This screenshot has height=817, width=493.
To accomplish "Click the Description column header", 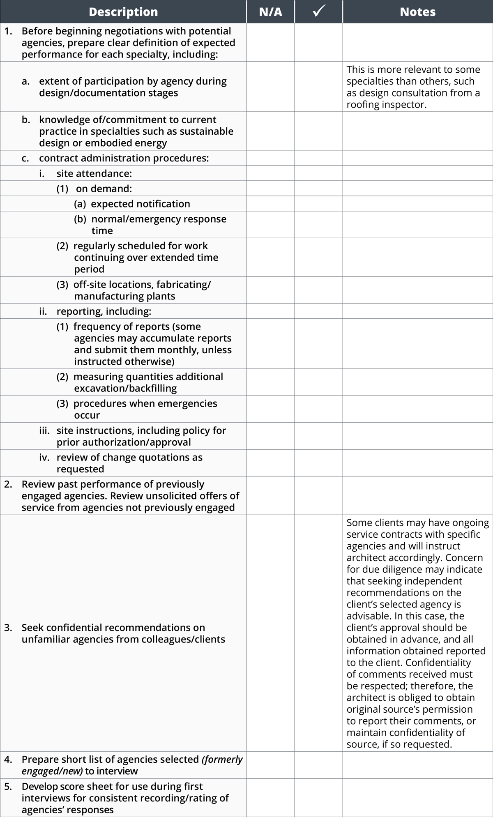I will click(123, 12).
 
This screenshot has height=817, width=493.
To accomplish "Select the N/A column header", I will click(270, 12).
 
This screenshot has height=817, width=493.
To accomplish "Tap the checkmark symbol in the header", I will click(319, 12).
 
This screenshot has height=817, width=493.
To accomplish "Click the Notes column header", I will click(417, 12).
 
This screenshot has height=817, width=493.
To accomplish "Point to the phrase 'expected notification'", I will click(141, 204).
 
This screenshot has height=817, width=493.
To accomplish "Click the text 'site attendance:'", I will click(94, 174).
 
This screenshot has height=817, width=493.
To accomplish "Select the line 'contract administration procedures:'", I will click(124, 159).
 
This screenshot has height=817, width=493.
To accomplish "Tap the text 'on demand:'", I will click(104, 189).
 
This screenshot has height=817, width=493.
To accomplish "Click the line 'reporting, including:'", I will click(104, 312).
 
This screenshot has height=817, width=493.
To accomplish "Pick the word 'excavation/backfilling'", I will click(125, 389).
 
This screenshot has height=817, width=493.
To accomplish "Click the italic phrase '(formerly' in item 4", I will click(222, 759).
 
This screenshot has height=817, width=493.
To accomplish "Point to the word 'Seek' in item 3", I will click(32, 628).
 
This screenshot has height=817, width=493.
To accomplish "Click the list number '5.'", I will click(8, 787).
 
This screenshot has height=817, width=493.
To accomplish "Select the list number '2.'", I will click(8, 484).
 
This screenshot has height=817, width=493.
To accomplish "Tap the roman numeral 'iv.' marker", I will click(44, 458).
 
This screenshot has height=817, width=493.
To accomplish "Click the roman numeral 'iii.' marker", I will click(44, 431).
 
